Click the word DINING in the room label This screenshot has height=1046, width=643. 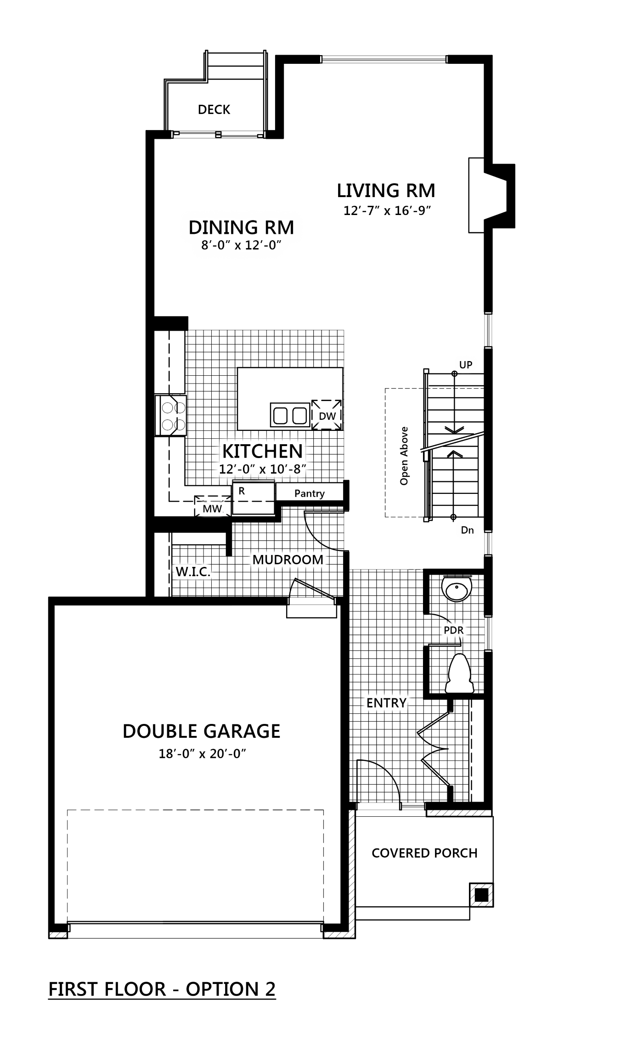224,227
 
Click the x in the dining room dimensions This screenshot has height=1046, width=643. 238,246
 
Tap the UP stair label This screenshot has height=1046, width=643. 466,365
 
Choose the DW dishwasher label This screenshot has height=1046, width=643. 327,417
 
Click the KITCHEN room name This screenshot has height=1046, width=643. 262,452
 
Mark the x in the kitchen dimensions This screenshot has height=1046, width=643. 262,470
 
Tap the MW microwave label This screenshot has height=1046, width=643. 212,509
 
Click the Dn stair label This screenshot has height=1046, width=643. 467,531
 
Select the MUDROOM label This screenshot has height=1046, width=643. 288,560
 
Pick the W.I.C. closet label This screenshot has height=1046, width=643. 193,572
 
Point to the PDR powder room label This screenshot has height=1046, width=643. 454,630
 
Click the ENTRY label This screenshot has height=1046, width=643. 386,703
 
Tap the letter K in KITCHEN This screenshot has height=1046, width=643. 228,452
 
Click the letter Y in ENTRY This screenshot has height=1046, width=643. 402,703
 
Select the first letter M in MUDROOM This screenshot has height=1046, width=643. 257,560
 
